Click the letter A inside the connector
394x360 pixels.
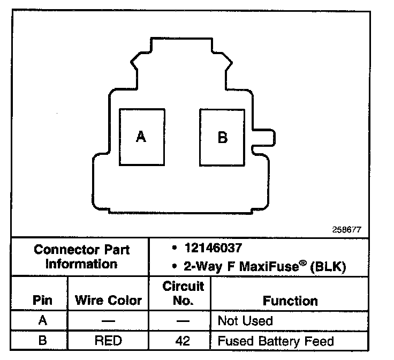pyautogui.click(x=141, y=137)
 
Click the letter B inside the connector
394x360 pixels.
pyautogui.click(x=223, y=138)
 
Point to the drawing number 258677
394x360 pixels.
pyautogui.click(x=347, y=229)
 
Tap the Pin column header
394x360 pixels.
pyautogui.click(x=42, y=300)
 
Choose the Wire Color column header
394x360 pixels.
pyautogui.click(x=109, y=300)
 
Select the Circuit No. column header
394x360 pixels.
pyautogui.click(x=183, y=294)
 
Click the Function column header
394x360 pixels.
pyautogui.click(x=290, y=301)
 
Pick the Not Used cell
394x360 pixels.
pyautogui.click(x=245, y=321)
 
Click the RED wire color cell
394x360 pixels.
pyautogui.click(x=108, y=341)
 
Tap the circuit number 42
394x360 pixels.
pyautogui.click(x=183, y=341)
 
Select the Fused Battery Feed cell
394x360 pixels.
pyautogui.click(x=275, y=341)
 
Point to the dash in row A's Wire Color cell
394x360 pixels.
pyautogui.click(x=108, y=321)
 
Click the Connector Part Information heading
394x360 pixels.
pyautogui.click(x=81, y=257)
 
